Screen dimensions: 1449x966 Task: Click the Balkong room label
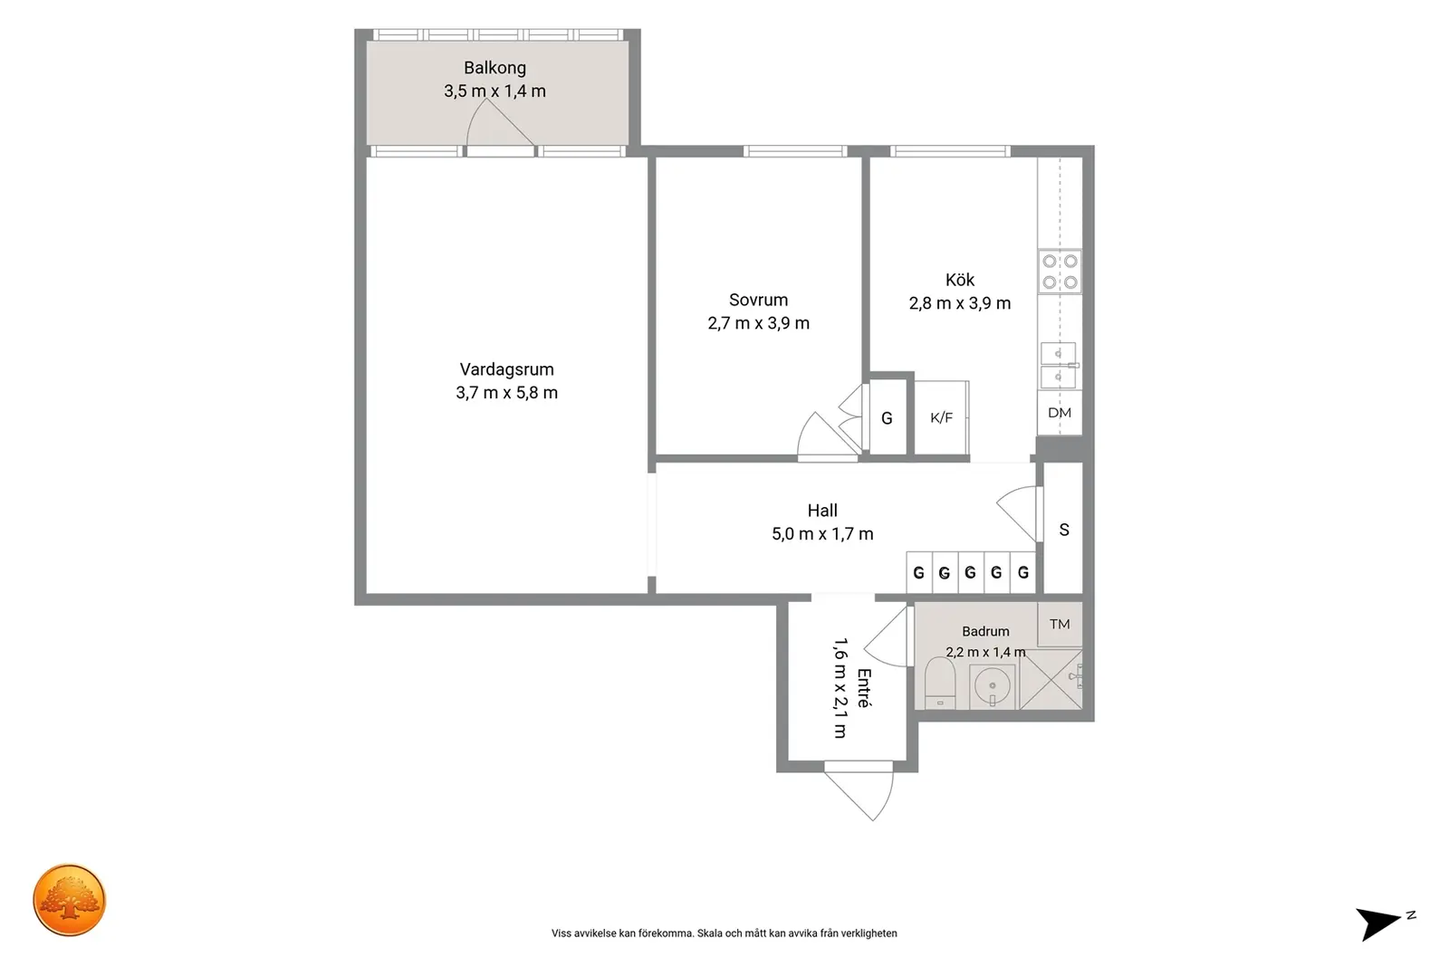[494, 68]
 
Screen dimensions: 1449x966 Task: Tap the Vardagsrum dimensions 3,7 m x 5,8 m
[506, 393]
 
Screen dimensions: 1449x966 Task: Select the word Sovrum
[758, 300]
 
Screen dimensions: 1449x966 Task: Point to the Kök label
[959, 280]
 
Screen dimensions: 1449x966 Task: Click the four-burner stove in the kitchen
[1060, 272]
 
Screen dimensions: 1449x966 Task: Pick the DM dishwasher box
[1060, 413]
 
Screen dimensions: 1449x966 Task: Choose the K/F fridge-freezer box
[941, 417]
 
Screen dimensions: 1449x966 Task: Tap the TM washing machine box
[1060, 624]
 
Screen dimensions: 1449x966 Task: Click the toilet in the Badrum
[940, 684]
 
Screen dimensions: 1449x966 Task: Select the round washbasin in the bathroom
[992, 685]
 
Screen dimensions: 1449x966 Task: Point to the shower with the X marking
[1051, 680]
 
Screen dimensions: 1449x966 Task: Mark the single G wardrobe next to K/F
[887, 417]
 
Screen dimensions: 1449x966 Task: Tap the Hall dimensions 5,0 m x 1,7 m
[822, 534]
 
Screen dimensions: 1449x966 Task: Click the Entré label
[864, 688]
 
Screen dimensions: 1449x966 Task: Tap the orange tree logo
[69, 900]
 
